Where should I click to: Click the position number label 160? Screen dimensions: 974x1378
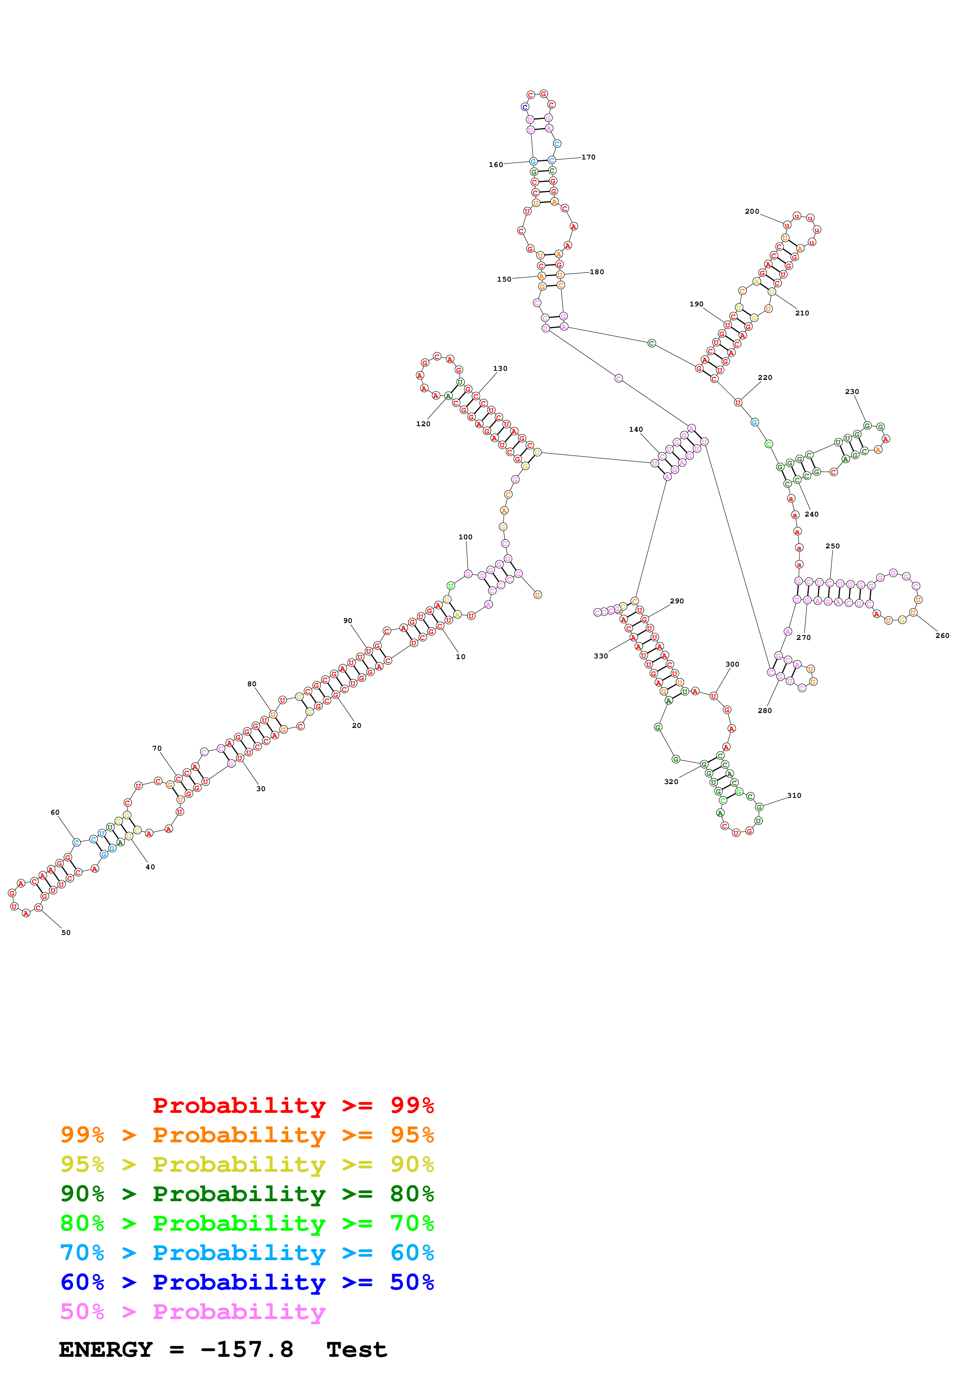pos(496,165)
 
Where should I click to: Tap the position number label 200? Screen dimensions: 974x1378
pos(752,211)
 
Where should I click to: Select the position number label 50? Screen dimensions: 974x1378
pos(66,933)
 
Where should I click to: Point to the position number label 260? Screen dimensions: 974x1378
pos(942,636)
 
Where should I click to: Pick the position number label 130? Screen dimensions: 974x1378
pos(500,368)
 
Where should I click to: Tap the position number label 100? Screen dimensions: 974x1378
pos(465,537)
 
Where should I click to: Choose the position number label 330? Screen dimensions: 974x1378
pos(601,656)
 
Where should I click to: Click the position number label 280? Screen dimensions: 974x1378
pos(765,711)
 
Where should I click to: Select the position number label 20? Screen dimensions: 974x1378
pos(356,726)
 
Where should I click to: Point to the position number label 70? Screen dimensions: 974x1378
pos(157,748)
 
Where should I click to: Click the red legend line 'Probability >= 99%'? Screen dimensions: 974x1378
pos(293,1105)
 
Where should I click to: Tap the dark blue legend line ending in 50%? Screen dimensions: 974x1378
pos(247,1282)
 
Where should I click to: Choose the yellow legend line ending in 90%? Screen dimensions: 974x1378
pos(247,1164)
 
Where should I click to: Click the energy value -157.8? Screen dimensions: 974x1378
pos(247,1350)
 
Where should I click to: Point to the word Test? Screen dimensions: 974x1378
pos(356,1350)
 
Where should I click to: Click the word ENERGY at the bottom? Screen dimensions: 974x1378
pos(106,1350)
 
